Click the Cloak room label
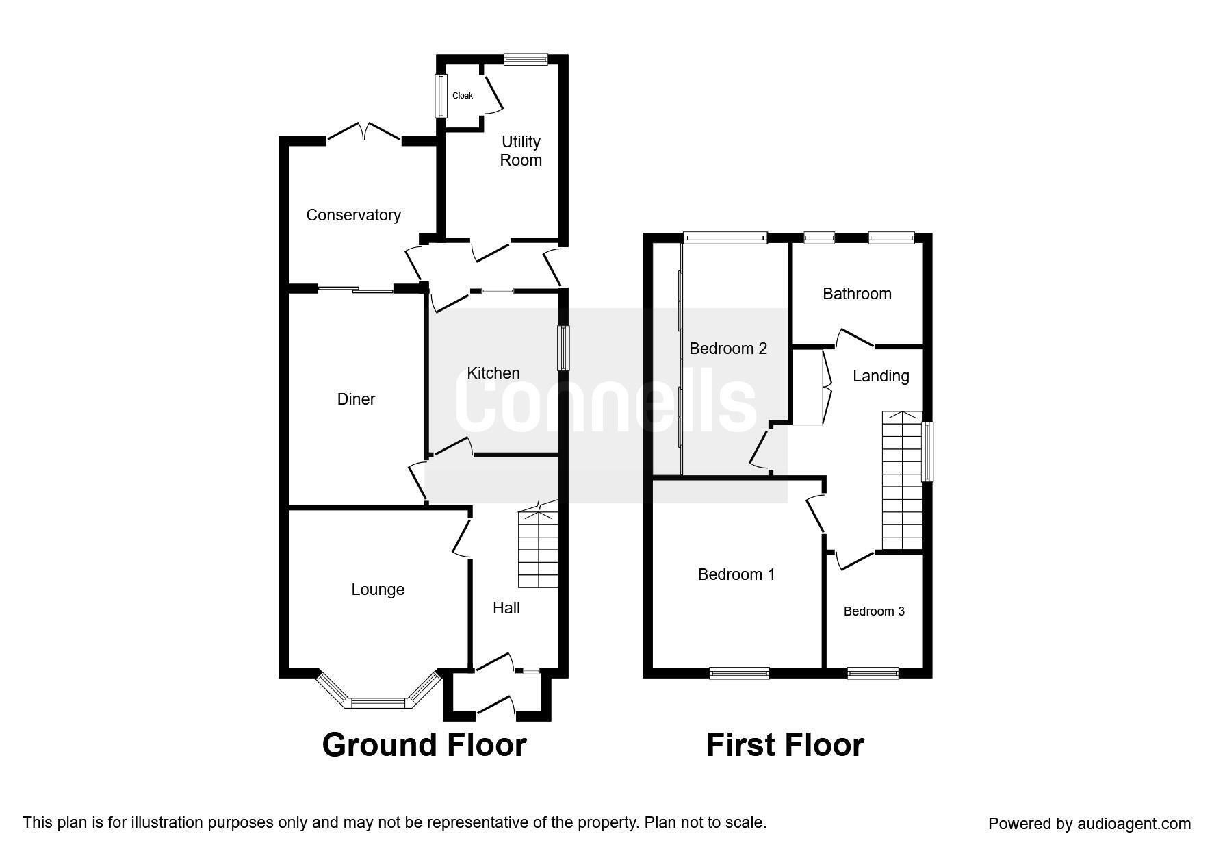point(463,96)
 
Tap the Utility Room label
point(521,151)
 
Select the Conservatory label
point(353,215)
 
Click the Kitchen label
point(493,373)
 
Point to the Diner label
point(356,399)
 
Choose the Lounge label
point(378,590)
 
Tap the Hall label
point(506,608)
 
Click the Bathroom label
point(857,294)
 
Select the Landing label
point(881,376)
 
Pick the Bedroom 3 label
point(874,611)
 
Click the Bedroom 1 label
point(736,574)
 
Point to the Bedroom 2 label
point(728,349)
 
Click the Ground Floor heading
point(424,745)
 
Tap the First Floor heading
point(785,745)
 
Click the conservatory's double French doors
point(363,134)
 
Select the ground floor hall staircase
point(539,544)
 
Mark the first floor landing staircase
point(902,481)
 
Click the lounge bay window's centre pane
point(378,702)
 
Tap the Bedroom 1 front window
point(740,673)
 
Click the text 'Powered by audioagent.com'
point(1089,824)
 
